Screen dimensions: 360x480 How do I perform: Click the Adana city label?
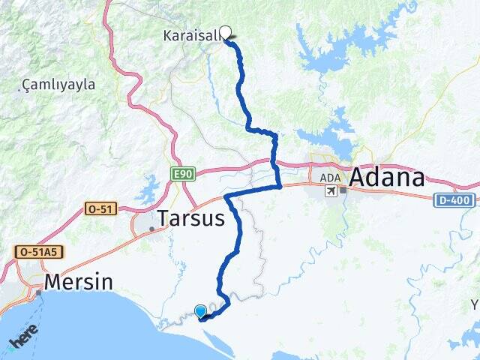387,178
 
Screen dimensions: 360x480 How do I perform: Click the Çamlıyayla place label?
59,85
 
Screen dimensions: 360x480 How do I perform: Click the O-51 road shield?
100,208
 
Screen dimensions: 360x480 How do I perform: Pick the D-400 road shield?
454,200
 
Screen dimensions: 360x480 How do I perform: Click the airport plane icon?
331,191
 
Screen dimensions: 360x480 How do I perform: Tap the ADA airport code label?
330,178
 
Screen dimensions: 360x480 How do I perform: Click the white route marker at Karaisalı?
224,32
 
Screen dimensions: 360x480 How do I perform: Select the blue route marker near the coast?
200,311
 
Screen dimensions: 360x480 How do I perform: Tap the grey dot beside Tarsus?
152,229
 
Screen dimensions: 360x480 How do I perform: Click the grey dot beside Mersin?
37,291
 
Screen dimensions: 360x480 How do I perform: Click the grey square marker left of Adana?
343,190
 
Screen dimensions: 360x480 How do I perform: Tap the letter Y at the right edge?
475,304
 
